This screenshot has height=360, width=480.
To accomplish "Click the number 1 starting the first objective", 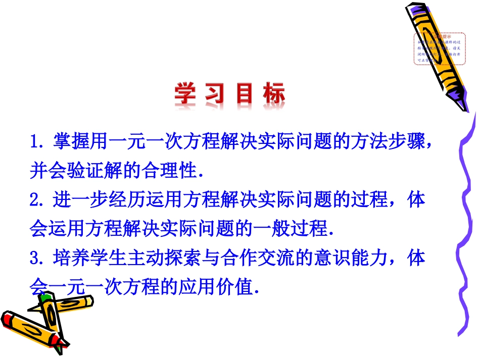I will (35, 142).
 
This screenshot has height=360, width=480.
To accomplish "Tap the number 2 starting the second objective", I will (35, 200).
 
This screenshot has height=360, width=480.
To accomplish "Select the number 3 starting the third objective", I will (35, 259).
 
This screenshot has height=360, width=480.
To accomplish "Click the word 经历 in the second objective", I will (111, 200).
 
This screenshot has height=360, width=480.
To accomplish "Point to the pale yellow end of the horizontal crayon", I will (88, 302).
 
